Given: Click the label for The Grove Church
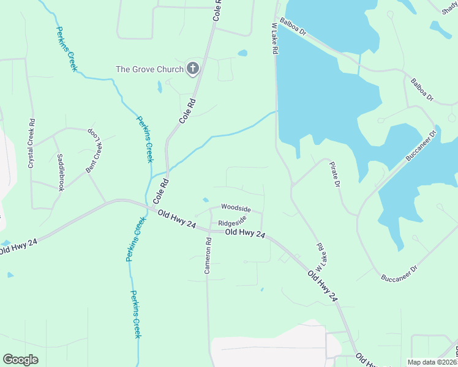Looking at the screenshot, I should [149, 69].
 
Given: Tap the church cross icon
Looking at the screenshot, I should [193, 68].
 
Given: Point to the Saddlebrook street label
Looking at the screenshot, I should [61, 172].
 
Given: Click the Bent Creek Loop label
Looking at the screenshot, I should [92, 150].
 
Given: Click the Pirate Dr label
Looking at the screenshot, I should [334, 175].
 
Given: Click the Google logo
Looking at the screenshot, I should [20, 360].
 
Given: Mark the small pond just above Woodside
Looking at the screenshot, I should [205, 199].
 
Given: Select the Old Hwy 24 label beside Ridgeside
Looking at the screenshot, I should [245, 233].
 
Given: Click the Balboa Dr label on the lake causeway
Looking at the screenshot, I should [292, 29].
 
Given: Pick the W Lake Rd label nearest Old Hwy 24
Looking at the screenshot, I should [319, 257].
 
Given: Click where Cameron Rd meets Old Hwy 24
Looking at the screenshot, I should [207, 231].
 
